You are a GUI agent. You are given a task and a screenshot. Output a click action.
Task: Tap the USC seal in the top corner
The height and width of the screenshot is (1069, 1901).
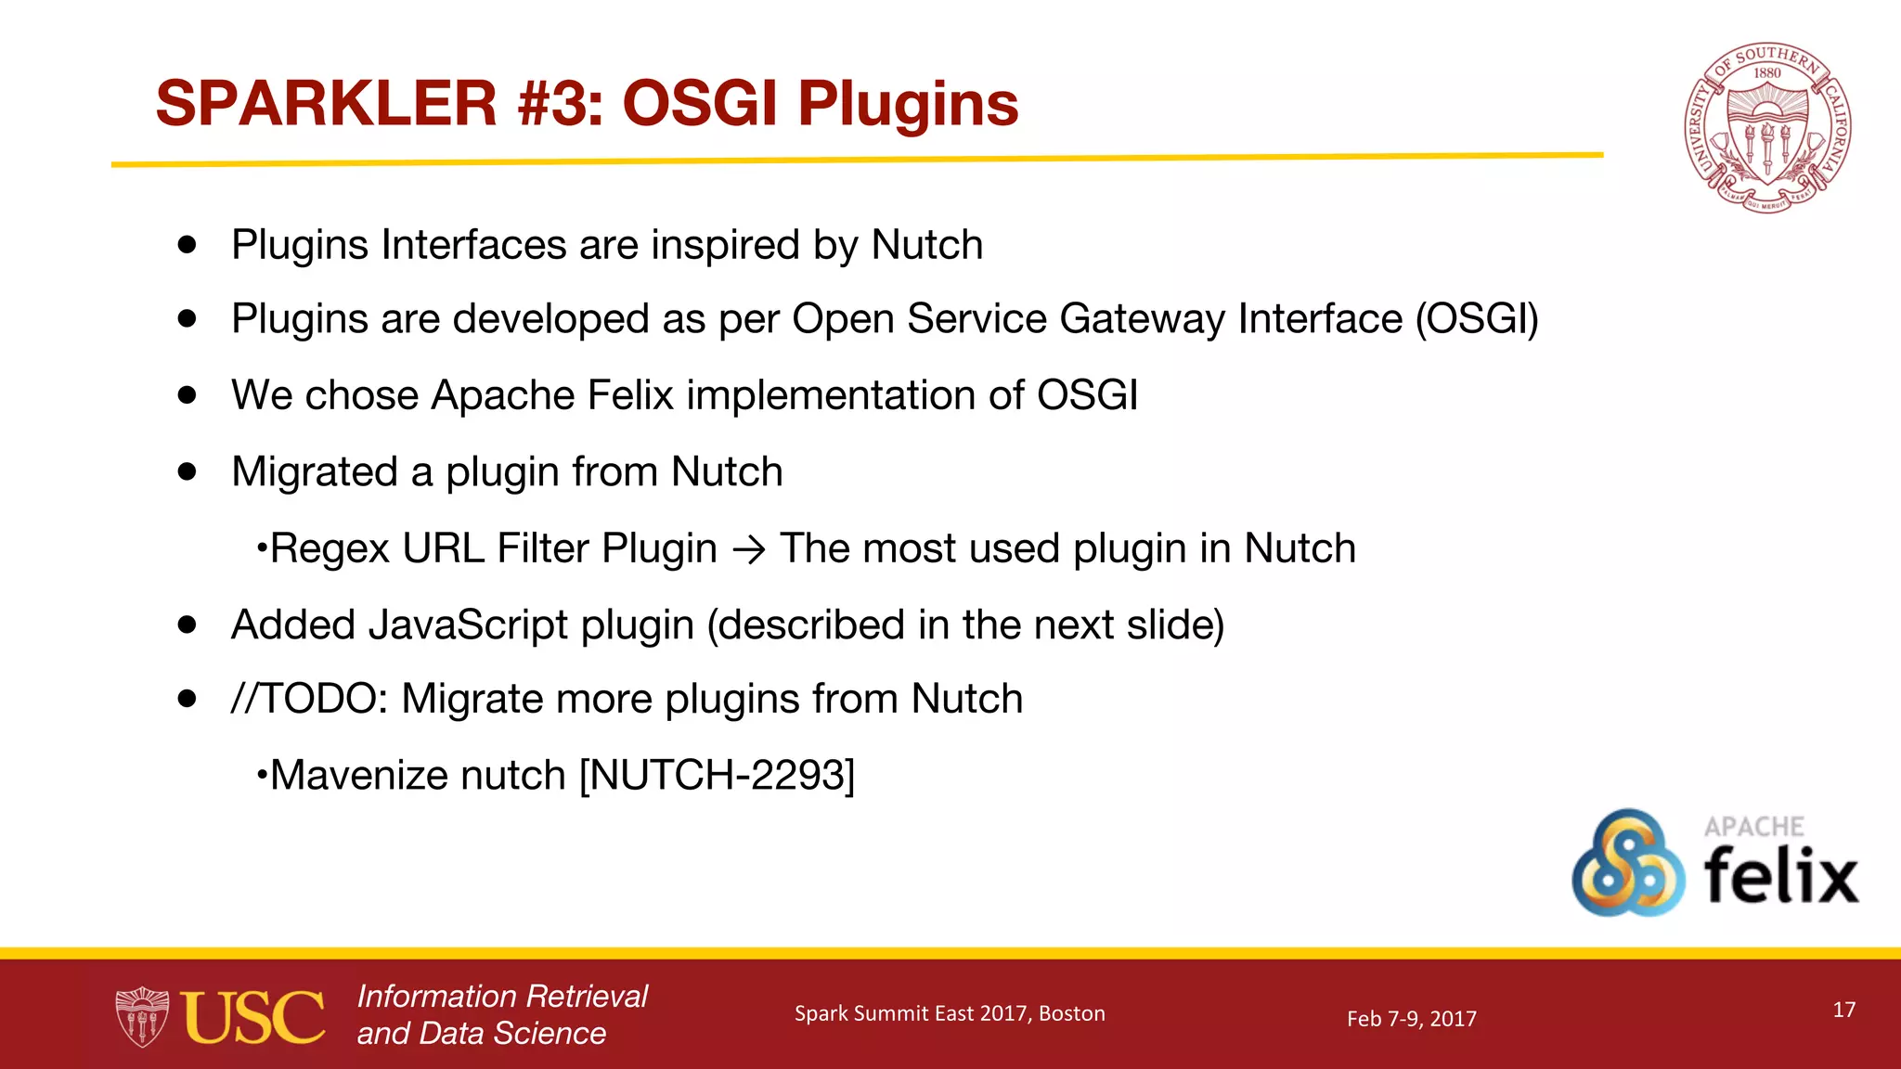point(1767,128)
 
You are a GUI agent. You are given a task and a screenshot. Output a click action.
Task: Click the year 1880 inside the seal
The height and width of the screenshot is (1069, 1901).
point(1767,73)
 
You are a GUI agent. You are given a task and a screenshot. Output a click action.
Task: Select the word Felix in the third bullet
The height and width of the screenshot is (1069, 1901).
point(630,395)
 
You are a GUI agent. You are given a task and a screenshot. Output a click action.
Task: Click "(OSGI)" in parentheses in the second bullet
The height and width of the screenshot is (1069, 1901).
point(1476,319)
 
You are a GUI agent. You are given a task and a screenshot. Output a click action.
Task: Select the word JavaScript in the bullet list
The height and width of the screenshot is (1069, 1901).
point(468,625)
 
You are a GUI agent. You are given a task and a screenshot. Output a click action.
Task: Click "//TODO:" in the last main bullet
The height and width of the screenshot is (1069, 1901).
point(310,699)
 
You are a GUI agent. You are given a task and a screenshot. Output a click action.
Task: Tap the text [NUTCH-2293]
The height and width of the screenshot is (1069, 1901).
point(717,775)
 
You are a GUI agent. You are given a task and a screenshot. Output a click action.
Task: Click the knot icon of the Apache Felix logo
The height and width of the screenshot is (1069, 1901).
point(1628,863)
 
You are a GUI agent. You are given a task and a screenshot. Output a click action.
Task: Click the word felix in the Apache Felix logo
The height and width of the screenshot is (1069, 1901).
point(1780,876)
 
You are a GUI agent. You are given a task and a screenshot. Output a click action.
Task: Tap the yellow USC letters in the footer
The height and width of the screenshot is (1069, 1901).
point(252,1018)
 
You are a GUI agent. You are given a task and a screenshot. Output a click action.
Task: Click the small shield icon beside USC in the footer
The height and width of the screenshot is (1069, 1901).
point(142,1017)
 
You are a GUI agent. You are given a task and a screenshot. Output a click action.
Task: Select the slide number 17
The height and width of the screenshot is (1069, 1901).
point(1843,1010)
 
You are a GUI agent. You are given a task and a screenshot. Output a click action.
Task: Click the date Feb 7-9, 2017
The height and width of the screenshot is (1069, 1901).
point(1411,1019)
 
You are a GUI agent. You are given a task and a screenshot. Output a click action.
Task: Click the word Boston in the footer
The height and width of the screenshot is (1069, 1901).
point(1071,1013)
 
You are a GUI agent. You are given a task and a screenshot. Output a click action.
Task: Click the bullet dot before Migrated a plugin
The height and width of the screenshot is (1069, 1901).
point(188,471)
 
